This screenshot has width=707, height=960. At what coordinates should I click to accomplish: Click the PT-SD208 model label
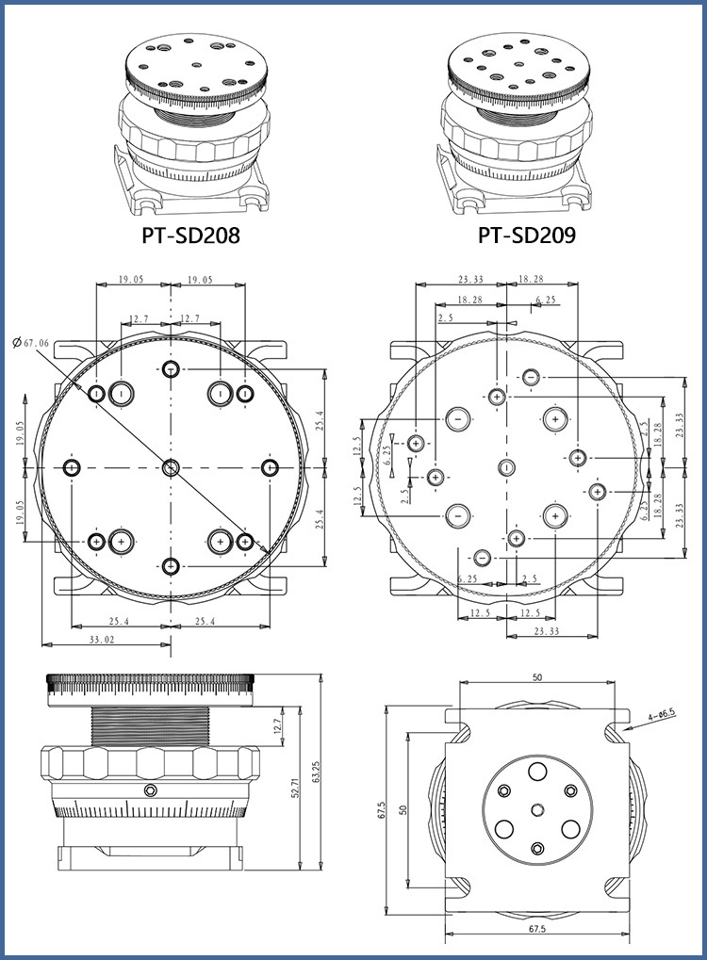tap(191, 235)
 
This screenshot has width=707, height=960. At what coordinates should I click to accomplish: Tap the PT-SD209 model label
tap(526, 235)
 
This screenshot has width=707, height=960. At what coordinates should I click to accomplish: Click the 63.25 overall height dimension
tap(316, 773)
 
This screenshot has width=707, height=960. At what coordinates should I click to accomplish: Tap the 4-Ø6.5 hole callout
tap(661, 716)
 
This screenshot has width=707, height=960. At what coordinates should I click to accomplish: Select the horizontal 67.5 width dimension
tap(537, 930)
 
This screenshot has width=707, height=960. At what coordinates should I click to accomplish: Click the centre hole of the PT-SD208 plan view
tap(171, 467)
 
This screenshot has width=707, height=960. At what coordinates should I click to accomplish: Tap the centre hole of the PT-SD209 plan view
tap(506, 467)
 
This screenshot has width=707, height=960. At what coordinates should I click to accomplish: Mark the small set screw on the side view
tap(149, 789)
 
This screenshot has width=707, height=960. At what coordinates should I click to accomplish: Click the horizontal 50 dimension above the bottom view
tap(537, 677)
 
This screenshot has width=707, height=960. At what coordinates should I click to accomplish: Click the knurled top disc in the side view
tap(151, 690)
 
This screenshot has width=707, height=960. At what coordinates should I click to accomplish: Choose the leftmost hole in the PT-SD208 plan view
tap(72, 467)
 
